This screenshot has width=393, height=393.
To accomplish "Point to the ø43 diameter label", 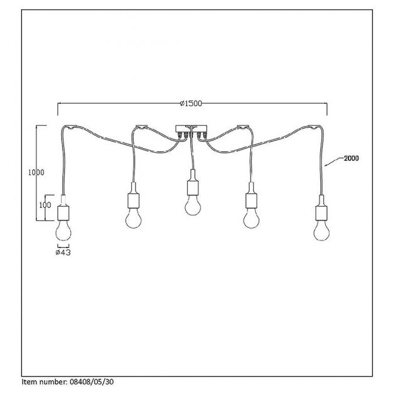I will [x=63, y=252].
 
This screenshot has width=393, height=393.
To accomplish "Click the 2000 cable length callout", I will [x=352, y=159].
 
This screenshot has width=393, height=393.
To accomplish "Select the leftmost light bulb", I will [x=63, y=229].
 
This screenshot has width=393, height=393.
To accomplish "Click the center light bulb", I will [x=191, y=206].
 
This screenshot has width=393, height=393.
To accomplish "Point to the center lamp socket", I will [x=191, y=186].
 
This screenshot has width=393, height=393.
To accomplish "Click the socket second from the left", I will [x=132, y=199].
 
